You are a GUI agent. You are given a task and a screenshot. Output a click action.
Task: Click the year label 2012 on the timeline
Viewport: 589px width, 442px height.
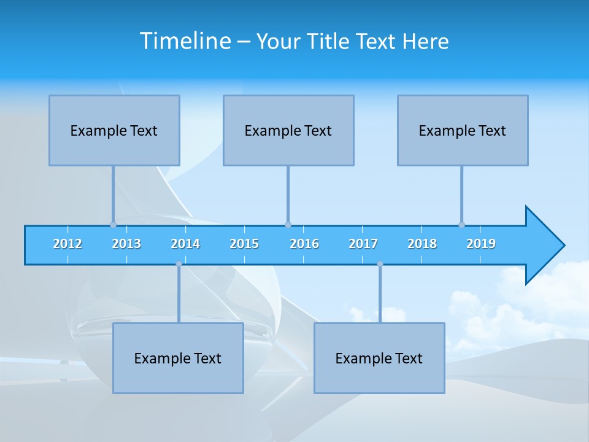67,244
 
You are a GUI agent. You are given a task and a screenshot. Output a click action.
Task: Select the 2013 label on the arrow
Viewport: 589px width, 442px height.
126,244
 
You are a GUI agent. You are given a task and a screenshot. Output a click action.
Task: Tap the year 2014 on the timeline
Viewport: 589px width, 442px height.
185,244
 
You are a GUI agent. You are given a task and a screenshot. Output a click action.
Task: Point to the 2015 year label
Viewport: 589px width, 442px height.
244,244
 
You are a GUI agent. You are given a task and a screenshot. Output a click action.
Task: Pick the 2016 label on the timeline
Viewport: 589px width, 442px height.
304,244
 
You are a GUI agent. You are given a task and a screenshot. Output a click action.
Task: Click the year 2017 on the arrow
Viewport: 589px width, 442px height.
363,244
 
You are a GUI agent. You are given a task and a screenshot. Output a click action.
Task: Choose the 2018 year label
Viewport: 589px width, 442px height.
422,244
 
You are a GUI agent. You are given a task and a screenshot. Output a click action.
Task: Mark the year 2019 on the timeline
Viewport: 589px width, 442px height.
481,244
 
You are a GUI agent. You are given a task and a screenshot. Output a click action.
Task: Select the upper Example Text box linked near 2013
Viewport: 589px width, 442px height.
114,130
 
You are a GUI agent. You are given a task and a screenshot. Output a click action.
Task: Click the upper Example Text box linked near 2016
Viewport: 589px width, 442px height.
288,130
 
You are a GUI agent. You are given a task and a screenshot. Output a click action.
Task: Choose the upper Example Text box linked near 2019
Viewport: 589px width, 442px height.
463,130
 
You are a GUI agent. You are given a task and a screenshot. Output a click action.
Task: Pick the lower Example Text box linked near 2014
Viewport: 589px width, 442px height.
178,358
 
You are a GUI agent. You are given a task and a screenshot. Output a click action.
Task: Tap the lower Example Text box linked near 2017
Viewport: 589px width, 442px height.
379,358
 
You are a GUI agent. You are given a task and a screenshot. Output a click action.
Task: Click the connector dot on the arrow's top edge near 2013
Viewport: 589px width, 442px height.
113,225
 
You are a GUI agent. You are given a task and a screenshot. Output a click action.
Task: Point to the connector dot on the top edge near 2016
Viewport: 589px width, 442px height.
288,225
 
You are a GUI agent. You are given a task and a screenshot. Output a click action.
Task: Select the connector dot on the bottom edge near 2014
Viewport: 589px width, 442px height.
179,264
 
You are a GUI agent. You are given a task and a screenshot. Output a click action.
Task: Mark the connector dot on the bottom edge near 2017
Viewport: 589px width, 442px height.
380,264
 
